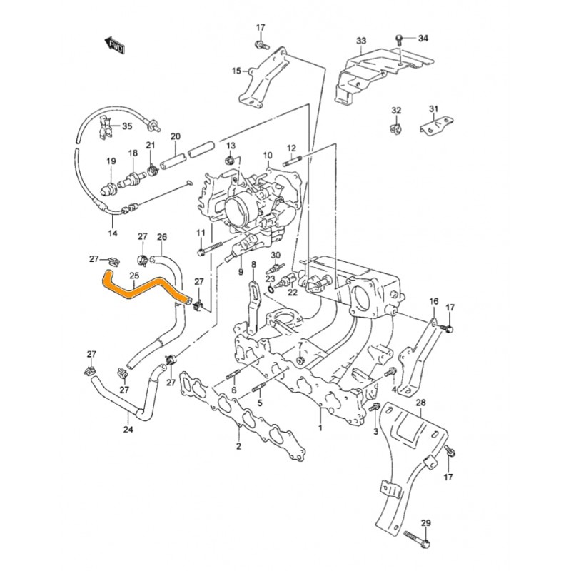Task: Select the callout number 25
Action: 133,276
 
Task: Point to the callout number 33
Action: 361,41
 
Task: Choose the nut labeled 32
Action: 396,129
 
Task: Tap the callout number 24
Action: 128,430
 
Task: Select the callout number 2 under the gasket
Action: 238,447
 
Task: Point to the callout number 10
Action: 268,155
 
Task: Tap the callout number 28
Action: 420,403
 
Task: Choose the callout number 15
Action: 237,71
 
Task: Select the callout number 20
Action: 176,136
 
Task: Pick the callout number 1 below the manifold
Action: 320,429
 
